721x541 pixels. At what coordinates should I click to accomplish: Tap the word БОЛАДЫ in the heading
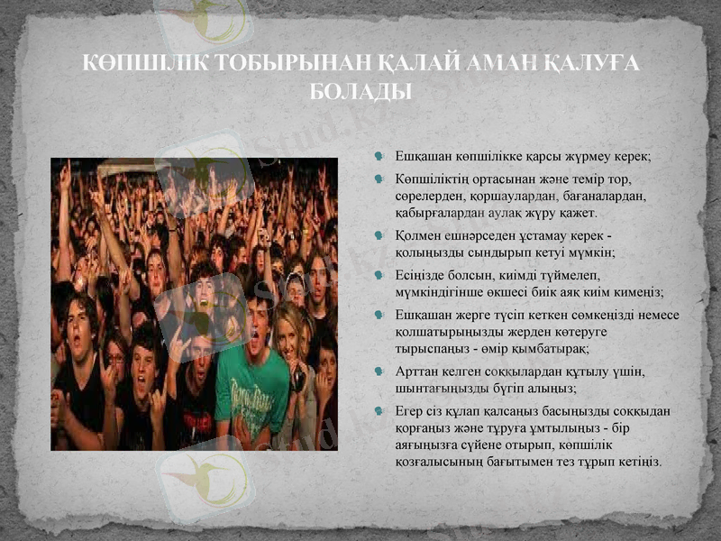coord(360,90)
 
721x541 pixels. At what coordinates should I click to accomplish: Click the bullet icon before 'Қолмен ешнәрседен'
coord(382,235)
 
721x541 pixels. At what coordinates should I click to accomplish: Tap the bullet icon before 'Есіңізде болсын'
coord(382,275)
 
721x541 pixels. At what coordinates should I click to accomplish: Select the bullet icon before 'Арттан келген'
coord(382,371)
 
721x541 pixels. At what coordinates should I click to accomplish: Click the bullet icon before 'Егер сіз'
coord(382,410)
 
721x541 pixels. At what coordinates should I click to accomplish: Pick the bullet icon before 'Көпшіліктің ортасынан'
coord(382,178)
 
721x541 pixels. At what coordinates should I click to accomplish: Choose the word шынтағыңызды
coord(442,388)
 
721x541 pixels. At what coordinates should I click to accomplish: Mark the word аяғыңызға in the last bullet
coord(428,445)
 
